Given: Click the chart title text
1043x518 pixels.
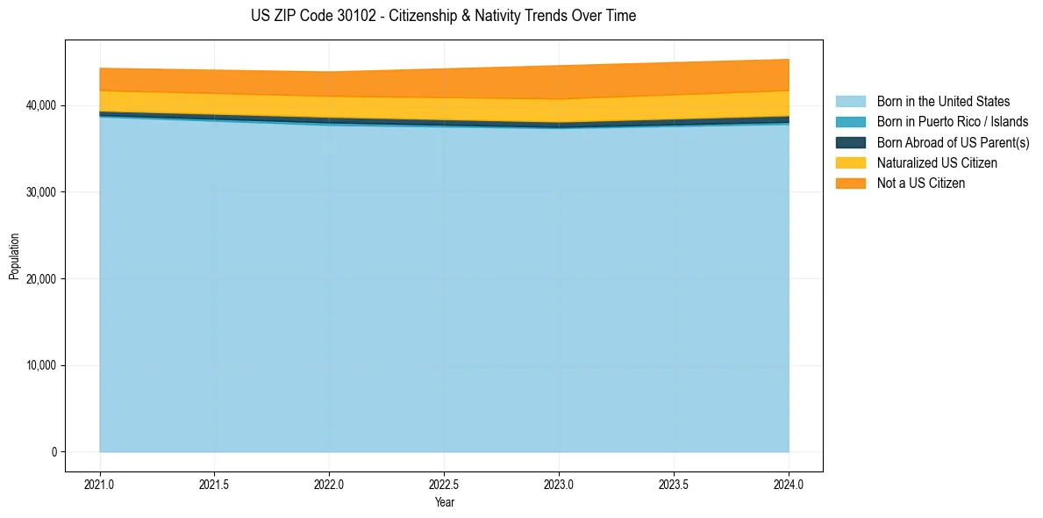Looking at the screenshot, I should pyautogui.click(x=443, y=16).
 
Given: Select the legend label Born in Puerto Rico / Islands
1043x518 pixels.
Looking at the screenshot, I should pyautogui.click(x=953, y=122).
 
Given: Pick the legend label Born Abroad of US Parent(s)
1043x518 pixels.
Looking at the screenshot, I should pyautogui.click(x=953, y=142).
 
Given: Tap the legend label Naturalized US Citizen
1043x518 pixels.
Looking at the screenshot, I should pyautogui.click(x=937, y=162).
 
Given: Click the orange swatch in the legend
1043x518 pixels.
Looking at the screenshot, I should pyautogui.click(x=850, y=183).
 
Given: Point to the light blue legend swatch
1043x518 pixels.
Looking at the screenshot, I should pyautogui.click(x=850, y=102).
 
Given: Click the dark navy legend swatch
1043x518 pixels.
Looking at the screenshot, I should pyautogui.click(x=850, y=142).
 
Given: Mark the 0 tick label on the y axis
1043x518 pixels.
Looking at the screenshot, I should pyautogui.click(x=54, y=452).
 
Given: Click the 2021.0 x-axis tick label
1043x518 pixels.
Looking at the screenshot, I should pyautogui.click(x=100, y=483).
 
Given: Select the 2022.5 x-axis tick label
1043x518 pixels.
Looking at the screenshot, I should pyautogui.click(x=444, y=483).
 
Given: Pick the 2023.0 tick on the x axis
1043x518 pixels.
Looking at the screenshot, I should pyautogui.click(x=559, y=483).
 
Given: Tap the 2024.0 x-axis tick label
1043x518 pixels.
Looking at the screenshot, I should pyautogui.click(x=789, y=483).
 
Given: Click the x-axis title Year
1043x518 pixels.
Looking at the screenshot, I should pyautogui.click(x=444, y=503).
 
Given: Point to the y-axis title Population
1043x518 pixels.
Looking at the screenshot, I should pyautogui.click(x=14, y=256).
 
